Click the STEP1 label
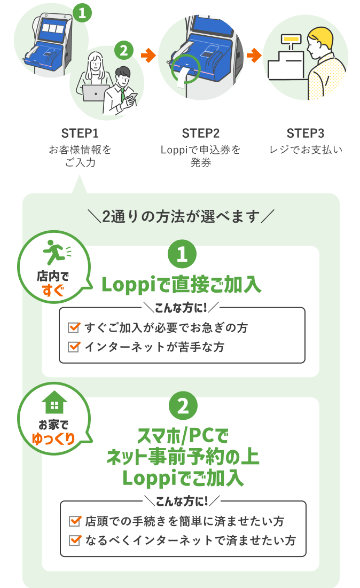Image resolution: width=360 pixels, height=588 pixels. tap(80, 133)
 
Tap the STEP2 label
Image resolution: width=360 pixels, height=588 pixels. tap(201, 133)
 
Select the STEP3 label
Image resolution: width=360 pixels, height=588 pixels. tap(305, 133)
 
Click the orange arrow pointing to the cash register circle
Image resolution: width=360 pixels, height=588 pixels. tap(254, 56)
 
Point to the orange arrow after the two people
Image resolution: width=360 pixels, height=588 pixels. tap(148, 56)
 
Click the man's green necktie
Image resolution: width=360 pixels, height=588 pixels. tap(122, 95)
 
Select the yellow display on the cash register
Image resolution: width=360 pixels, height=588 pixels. tap(292, 38)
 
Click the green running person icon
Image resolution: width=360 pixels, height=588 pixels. tap(55, 252)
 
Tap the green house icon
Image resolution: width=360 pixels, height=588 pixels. tap(54, 403)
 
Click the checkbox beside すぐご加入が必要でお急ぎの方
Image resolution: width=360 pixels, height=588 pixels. tap(74, 327)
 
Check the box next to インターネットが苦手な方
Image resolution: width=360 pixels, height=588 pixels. tap(74, 347)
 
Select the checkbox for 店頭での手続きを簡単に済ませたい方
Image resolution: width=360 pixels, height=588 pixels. tap(75, 521)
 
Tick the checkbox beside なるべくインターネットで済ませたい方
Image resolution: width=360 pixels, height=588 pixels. tap(75, 540)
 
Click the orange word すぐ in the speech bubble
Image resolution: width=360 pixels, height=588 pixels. tap(53, 290)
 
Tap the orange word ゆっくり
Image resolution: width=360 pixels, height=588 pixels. tap(53, 438)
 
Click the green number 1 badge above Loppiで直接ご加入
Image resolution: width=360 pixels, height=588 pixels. tap(182, 254)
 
